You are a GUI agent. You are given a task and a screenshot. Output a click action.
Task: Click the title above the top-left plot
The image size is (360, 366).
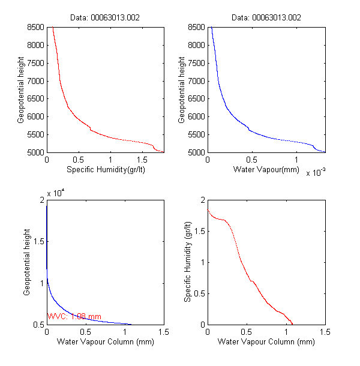coord(106,18)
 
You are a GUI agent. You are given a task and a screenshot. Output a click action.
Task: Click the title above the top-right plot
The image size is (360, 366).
coord(266,18)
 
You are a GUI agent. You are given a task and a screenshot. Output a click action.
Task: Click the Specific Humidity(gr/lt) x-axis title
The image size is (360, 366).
coord(106,170)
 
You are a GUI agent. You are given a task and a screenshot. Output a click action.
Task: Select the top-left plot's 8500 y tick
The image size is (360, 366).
coord(36,27)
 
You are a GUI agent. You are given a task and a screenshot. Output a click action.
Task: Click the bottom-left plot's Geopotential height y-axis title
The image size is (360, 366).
coord(27,262)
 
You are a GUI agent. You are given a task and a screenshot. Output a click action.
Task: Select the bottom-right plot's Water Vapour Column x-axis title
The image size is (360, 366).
coord(266,343)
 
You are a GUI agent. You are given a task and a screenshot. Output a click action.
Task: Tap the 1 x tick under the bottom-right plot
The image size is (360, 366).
coord(286,332)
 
